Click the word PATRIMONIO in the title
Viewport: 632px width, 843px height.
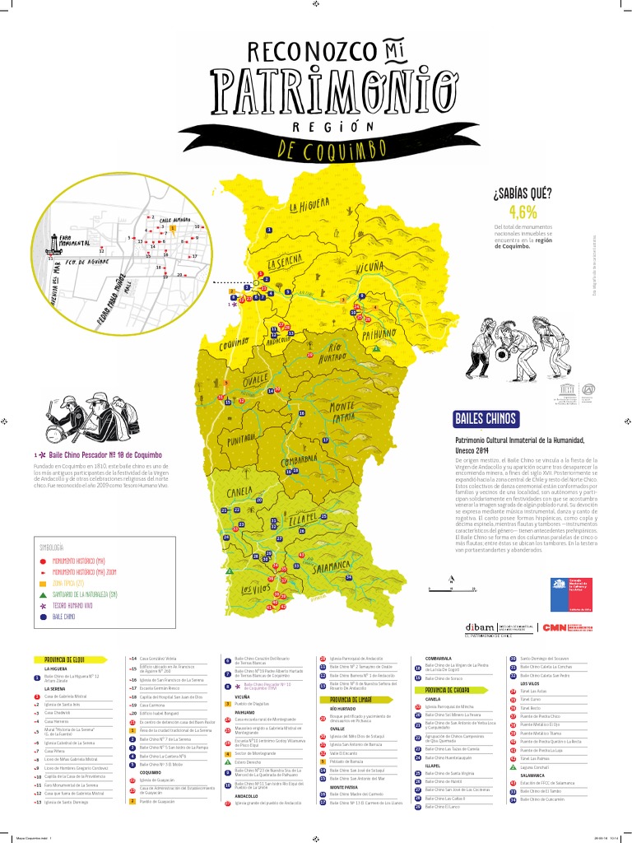tap(332, 87)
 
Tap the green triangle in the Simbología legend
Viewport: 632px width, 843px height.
tap(43, 593)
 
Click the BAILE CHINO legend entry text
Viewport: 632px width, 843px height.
tap(63, 616)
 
